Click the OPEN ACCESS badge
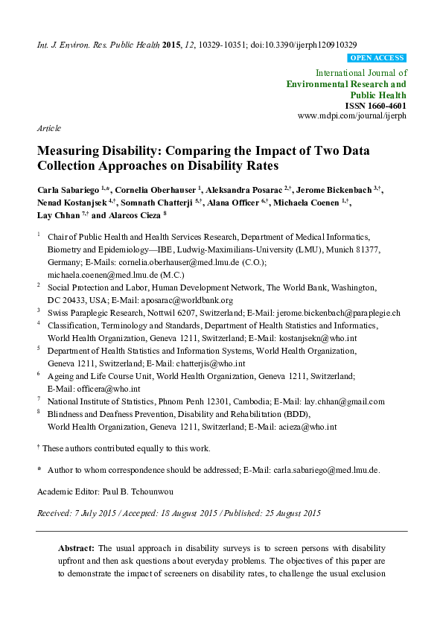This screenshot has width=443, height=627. coord(377,57)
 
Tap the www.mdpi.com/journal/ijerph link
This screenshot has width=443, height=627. coord(351,117)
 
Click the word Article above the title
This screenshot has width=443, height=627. coord(48,129)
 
